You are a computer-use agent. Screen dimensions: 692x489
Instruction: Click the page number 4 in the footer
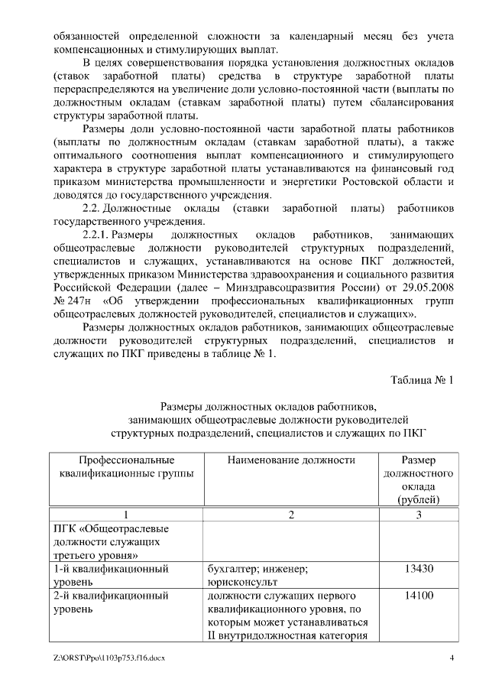[x=452, y=658]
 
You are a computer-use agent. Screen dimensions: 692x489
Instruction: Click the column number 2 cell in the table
[x=291, y=515]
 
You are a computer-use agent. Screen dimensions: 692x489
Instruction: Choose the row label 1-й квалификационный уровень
[x=110, y=575]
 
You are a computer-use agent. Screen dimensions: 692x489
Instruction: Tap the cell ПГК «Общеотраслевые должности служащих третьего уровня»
[x=110, y=541]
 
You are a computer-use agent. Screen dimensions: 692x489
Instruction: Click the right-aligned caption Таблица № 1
[x=422, y=380]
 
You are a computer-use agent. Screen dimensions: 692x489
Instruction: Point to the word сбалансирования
[x=404, y=102]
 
